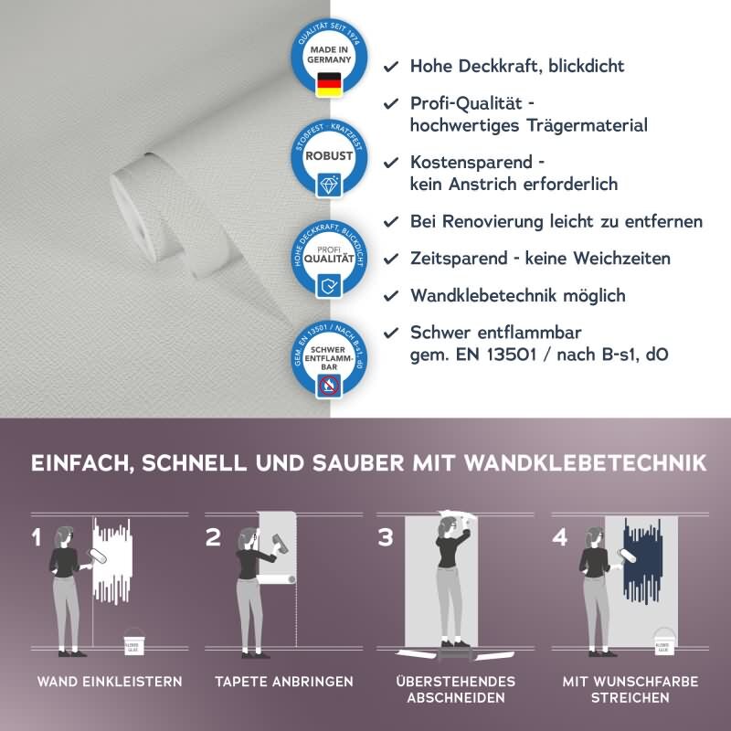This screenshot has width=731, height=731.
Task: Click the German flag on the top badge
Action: click(327, 84)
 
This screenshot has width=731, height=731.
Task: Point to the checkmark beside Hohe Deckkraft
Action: click(391, 67)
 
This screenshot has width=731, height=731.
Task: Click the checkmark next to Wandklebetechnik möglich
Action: click(391, 296)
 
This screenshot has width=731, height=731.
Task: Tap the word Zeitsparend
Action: click(459, 259)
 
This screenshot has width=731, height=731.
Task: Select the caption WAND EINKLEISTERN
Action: click(109, 682)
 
